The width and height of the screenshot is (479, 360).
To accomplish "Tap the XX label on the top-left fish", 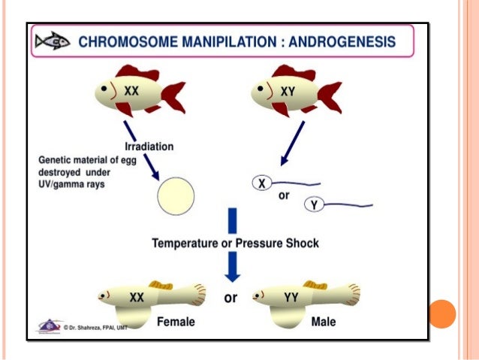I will click(132, 90).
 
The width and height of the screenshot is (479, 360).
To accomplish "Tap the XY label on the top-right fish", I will click(288, 90).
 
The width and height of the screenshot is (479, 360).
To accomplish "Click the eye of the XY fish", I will click(259, 87).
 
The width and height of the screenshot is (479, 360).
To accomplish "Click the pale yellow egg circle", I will click(176, 195).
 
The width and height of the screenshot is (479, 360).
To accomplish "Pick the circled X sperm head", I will click(262, 183).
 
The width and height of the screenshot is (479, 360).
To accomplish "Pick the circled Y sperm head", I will click(314, 203).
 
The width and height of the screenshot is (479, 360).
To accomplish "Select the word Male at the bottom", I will click(323, 322).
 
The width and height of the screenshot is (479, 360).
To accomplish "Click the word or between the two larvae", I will click(230, 298).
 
